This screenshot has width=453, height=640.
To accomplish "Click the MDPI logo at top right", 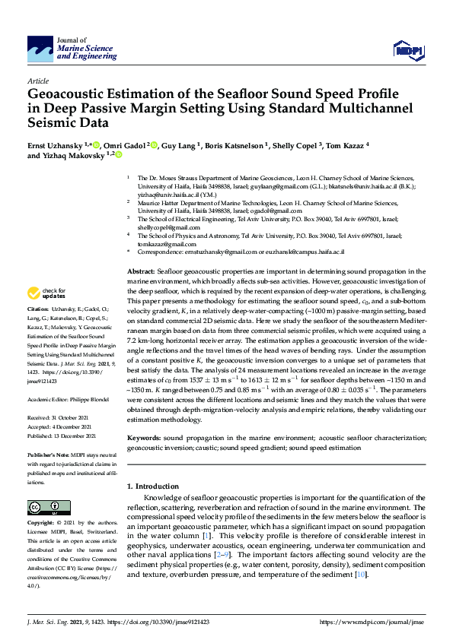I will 409,50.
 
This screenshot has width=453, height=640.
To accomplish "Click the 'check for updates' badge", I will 46,292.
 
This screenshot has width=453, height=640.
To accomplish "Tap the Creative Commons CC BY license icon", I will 44,508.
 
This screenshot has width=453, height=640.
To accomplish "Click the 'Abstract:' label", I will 141,271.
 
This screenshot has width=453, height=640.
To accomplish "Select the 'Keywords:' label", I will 143,438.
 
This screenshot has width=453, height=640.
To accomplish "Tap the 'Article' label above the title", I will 37,80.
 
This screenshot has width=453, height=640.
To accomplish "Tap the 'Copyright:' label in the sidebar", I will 41,524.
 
